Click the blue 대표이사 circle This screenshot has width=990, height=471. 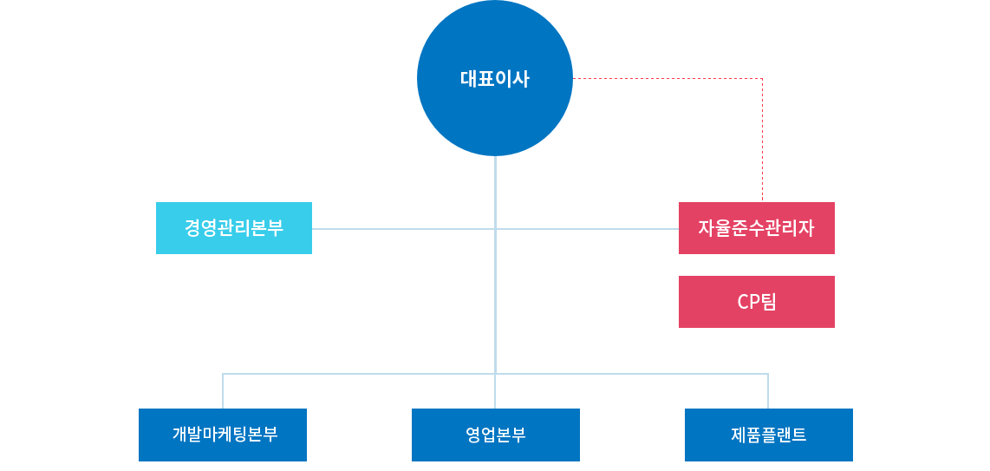pyautogui.click(x=495, y=78)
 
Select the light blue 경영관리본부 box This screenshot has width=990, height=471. pyautogui.click(x=234, y=228)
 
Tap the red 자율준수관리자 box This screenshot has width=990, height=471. pyautogui.click(x=756, y=228)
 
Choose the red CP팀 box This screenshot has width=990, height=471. pyautogui.click(x=756, y=302)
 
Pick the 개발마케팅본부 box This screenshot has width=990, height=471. pyautogui.click(x=223, y=435)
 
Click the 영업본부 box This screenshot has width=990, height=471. pyautogui.click(x=495, y=435)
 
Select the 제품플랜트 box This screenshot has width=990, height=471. pyautogui.click(x=768, y=435)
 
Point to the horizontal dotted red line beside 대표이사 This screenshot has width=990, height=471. pyautogui.click(x=668, y=79)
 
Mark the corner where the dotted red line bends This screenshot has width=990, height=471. pyautogui.click(x=762, y=79)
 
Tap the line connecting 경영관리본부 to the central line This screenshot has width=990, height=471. pyautogui.click(x=403, y=229)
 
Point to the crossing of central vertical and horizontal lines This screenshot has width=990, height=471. pyautogui.click(x=495, y=229)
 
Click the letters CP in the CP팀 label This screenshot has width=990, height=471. pyautogui.click(x=747, y=302)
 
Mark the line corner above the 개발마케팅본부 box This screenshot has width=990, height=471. pyautogui.click(x=223, y=374)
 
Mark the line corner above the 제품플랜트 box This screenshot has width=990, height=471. pyautogui.click(x=768, y=374)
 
